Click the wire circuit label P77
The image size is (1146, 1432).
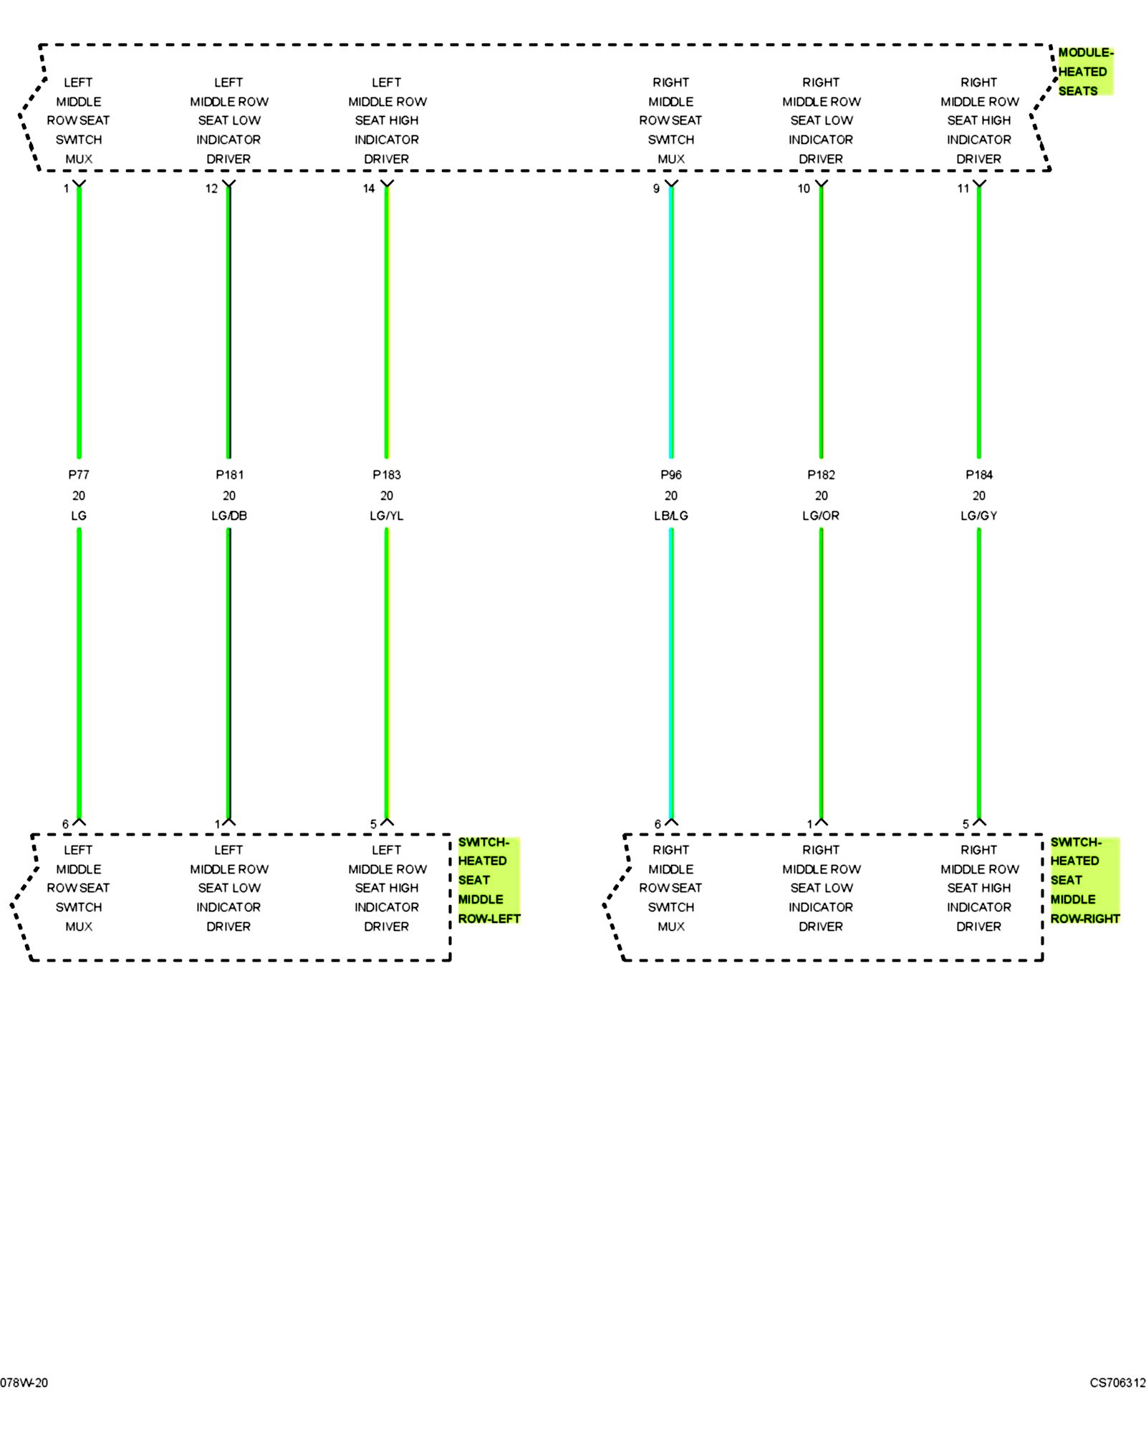coord(79,475)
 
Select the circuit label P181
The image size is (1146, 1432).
coord(229,475)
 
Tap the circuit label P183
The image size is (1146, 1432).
coord(387,475)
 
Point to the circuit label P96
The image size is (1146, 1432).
coord(671,475)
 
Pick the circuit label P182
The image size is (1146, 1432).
coord(821,475)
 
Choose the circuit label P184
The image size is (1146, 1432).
coord(979,475)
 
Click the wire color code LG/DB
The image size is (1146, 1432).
coord(229,516)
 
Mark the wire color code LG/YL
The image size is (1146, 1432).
coord(387,516)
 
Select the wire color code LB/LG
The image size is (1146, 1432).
coord(671,516)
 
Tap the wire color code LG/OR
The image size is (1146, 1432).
coord(821,516)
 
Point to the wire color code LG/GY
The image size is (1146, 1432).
coord(979,516)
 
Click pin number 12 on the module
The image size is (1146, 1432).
coord(211,189)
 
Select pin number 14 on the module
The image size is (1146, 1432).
coord(369,189)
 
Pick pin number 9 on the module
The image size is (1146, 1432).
coord(656,189)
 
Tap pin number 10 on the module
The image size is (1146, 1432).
coord(804,189)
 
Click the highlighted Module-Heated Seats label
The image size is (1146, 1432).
coord(1084,72)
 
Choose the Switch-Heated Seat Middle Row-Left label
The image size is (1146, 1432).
coord(488,880)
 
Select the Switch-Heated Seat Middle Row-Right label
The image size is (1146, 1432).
coord(1084,880)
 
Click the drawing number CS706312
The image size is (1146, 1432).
coord(1117,1383)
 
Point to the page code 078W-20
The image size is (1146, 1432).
coord(24,1383)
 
